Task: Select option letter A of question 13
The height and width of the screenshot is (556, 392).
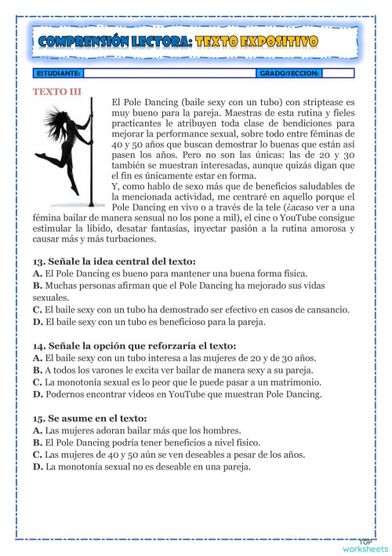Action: [x=37, y=273]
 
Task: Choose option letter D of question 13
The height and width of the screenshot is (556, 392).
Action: [x=37, y=321]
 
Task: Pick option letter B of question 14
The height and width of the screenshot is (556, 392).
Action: [x=37, y=370]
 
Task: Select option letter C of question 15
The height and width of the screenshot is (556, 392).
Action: [x=37, y=455]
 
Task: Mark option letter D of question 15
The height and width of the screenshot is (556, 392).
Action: [x=37, y=467]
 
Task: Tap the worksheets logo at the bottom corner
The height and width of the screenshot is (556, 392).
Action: [x=364, y=545]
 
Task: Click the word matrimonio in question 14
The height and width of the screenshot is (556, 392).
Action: [x=294, y=382]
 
